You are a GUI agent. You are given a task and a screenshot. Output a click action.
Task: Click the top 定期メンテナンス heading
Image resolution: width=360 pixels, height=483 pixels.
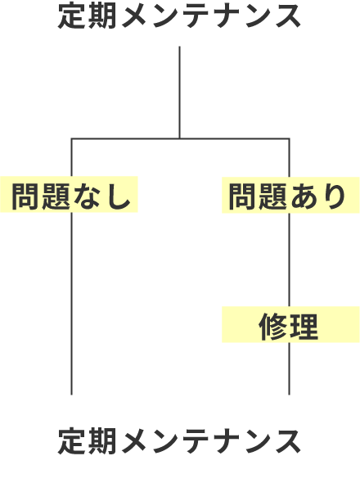[179, 16]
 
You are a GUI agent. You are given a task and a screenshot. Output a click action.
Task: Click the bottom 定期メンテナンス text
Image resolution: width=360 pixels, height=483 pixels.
[179, 441]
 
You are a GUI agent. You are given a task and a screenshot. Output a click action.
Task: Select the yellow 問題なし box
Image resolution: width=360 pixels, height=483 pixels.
[69, 194]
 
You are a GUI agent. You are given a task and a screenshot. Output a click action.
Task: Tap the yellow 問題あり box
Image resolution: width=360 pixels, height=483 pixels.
[290, 195]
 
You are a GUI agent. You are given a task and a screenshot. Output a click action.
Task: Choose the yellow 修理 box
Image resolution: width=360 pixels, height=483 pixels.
[290, 325]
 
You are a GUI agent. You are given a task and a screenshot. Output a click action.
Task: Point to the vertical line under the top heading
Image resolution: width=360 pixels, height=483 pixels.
[179, 93]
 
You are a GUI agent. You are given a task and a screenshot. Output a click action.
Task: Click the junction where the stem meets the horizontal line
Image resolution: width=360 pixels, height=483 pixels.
[179, 138]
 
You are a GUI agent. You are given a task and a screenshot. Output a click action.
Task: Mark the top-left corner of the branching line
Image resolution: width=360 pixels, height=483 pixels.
[72, 138]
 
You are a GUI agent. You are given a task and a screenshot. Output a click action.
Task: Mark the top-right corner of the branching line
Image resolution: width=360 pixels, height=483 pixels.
[289, 138]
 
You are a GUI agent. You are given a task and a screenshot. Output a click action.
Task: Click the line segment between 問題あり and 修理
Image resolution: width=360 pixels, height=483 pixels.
[289, 260]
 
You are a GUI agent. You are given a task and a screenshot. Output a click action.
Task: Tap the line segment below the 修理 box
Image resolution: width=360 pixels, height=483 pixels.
[289, 368]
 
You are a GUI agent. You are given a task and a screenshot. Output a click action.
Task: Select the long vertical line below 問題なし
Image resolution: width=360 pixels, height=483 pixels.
[72, 304]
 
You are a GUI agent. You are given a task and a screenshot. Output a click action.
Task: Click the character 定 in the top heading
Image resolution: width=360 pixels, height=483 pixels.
[71, 16]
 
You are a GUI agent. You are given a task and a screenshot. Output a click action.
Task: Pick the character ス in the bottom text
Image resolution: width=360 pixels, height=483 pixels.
[288, 442]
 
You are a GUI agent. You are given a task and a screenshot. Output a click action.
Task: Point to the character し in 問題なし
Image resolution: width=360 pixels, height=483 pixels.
[118, 196]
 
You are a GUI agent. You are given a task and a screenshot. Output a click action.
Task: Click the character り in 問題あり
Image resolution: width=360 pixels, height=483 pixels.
[334, 196]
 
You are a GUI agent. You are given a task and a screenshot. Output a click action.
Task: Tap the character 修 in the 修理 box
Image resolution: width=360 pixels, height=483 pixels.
[273, 327]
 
